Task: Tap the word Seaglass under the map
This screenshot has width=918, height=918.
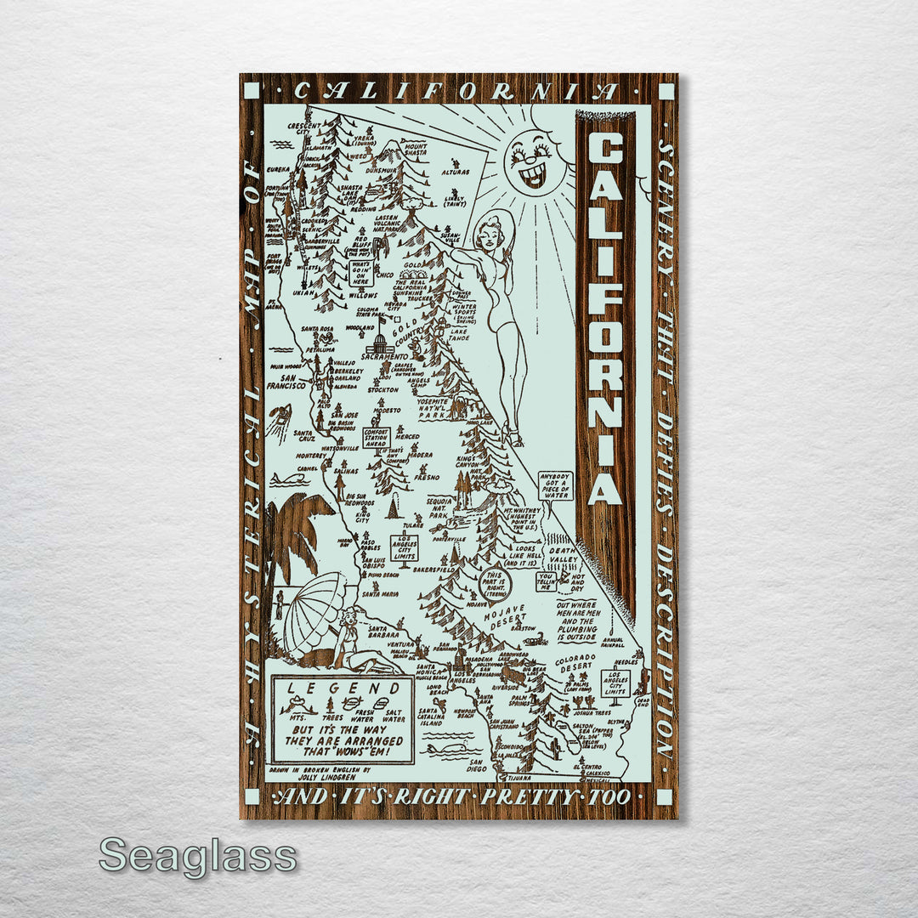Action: click(198, 855)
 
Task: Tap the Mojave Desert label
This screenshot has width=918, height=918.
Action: click(507, 615)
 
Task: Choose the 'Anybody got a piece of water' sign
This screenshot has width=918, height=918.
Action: click(557, 486)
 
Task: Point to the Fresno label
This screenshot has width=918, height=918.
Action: click(426, 478)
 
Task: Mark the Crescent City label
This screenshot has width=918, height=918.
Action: click(303, 128)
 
